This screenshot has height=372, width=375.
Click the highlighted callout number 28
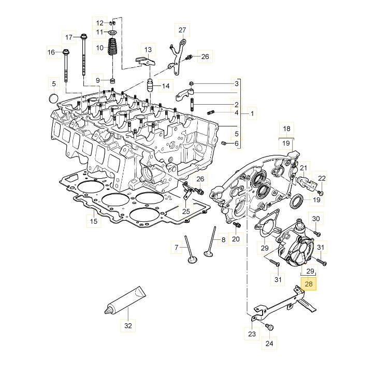(309, 284)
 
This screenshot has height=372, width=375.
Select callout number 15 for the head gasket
(93, 222)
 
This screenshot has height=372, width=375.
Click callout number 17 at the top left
(69, 37)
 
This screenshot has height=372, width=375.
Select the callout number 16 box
(51, 52)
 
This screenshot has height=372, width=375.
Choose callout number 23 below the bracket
(252, 334)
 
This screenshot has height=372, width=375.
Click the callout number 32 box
(128, 326)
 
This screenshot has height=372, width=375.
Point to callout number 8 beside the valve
(224, 240)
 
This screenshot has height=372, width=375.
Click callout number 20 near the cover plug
(236, 239)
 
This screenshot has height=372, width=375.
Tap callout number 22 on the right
(322, 178)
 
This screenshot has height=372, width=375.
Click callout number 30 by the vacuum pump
(316, 219)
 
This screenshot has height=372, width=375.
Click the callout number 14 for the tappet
(166, 85)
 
